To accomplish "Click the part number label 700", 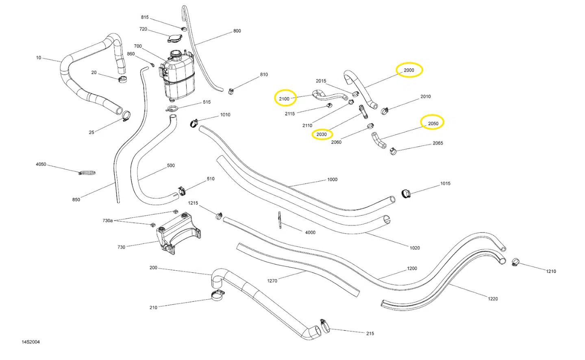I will [138, 46].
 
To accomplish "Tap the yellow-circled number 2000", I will [409, 70].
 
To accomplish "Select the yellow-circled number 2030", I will [322, 134].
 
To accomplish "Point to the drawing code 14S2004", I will [31, 342].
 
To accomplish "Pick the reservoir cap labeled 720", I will [174, 38].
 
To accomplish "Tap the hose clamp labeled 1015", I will [406, 193].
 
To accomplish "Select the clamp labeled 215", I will [325, 325].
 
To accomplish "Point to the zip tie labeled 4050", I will [87, 173].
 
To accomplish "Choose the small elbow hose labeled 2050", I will [378, 141].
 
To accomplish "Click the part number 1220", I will [493, 299].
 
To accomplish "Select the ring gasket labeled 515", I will [172, 108].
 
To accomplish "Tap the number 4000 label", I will [310, 232].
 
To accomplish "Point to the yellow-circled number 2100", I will [285, 99].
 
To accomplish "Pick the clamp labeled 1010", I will [194, 122].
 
